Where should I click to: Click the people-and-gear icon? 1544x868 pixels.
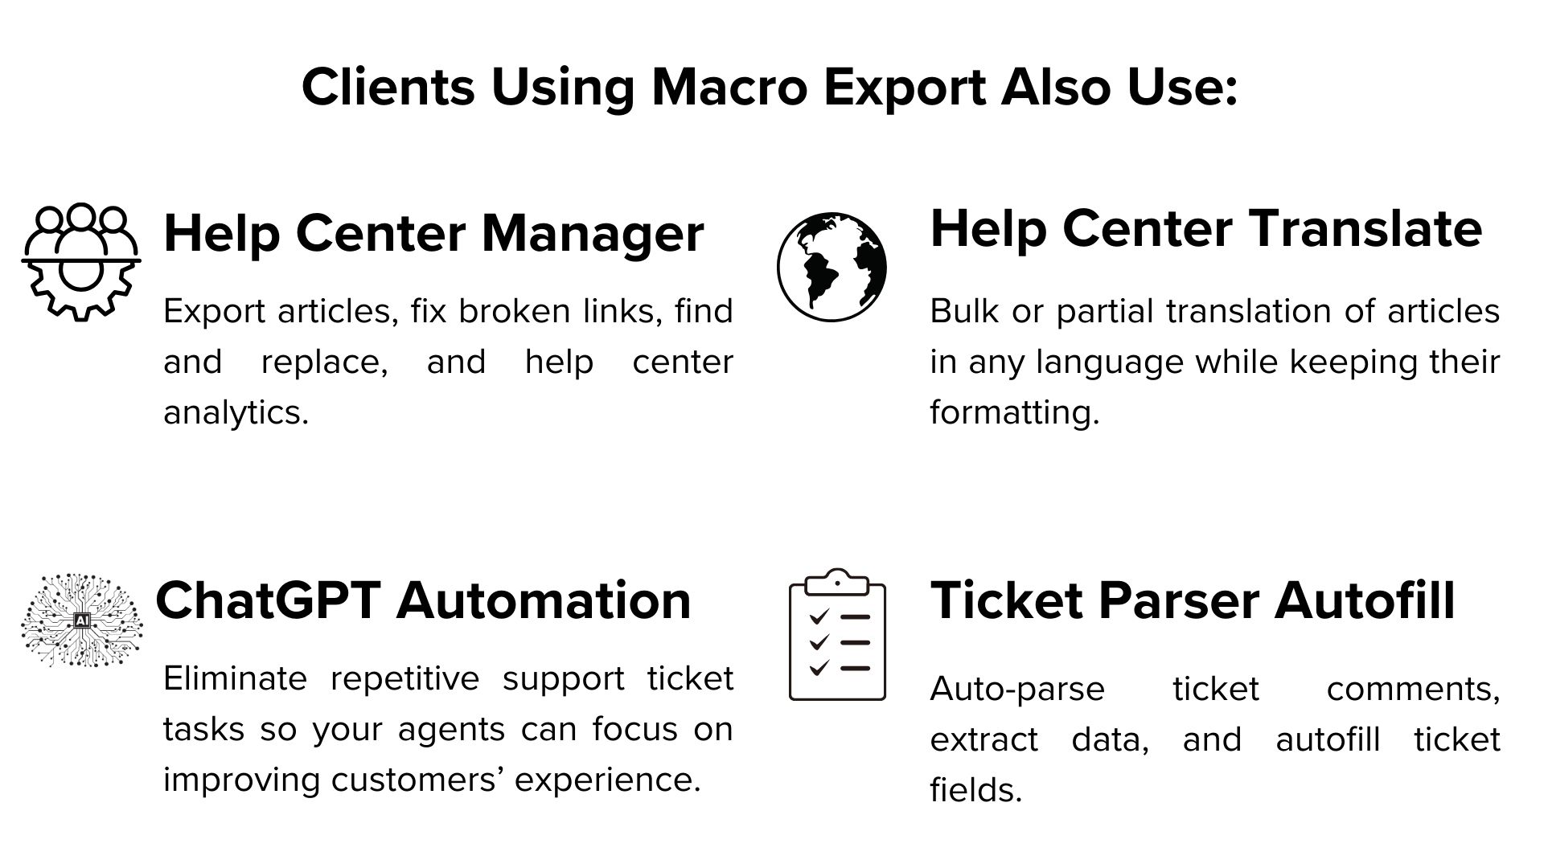point(81,262)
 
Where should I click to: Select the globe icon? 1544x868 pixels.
point(832,267)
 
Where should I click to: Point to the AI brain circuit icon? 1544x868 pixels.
point(81,620)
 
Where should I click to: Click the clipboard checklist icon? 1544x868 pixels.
point(837,634)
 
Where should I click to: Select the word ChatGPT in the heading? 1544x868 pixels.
point(268,600)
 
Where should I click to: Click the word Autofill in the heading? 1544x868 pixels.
point(1365,600)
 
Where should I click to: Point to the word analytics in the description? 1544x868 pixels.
point(236,413)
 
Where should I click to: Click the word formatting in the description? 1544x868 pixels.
point(1014,413)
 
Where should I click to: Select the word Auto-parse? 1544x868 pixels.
point(1017,690)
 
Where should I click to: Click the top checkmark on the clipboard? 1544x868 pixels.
point(819,616)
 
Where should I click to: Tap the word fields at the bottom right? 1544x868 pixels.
point(975,789)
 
